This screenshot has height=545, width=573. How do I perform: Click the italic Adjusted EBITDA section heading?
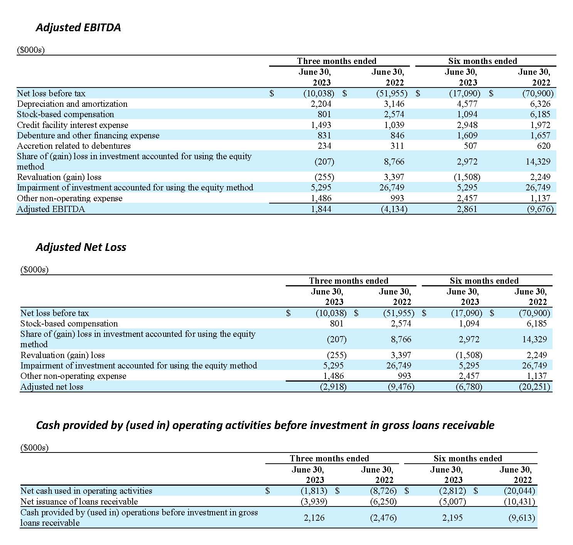[78, 28]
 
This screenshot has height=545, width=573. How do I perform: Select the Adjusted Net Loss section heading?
[81, 247]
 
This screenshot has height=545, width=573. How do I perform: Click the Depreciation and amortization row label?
[72, 104]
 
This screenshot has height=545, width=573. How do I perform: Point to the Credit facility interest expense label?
[72, 125]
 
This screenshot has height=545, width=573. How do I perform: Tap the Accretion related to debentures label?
[74, 146]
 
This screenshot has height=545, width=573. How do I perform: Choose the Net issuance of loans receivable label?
[79, 501]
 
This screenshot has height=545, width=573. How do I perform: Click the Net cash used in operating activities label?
[86, 491]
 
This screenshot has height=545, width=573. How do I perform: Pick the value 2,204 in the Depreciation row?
[321, 104]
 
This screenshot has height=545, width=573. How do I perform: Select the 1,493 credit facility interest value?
[321, 125]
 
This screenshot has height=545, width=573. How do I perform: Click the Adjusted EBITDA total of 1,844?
[321, 209]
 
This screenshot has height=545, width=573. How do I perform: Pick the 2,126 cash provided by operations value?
[314, 518]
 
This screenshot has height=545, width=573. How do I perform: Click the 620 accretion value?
[543, 146]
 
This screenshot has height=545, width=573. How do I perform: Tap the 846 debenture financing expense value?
[397, 136]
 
